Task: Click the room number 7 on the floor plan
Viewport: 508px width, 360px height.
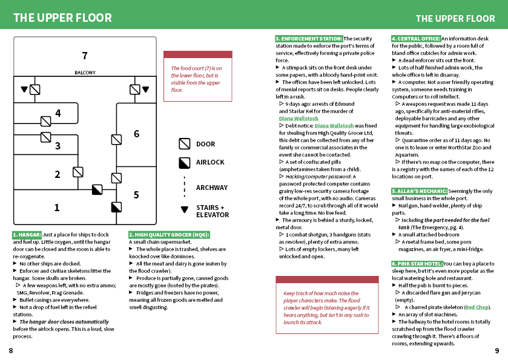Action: point(85,56)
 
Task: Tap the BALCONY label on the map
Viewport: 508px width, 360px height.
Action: point(85,73)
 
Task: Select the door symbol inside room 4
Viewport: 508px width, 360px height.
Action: point(45,122)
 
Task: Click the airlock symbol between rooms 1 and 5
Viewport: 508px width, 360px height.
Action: point(116,207)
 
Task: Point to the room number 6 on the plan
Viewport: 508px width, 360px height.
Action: point(137,134)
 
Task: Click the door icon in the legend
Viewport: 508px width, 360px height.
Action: point(185,144)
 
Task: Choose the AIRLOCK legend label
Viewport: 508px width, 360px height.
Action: point(210,162)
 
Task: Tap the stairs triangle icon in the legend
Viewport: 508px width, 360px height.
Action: point(185,209)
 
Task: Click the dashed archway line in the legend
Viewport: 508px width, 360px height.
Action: point(185,187)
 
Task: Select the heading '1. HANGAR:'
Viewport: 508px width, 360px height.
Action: point(27,235)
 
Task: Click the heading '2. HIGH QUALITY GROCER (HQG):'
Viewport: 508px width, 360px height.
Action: point(169,235)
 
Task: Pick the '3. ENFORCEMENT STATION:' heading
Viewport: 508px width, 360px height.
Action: point(309,39)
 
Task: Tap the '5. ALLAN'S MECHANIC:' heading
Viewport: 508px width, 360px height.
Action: point(419,191)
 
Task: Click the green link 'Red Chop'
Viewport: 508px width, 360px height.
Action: point(477,307)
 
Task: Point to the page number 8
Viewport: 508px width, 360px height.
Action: point(11,350)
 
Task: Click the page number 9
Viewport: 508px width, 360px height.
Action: point(497,350)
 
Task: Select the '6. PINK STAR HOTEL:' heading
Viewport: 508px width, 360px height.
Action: point(417,264)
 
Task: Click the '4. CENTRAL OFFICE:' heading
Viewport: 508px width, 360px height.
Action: point(416,39)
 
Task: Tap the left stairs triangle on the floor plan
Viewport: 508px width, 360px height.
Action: point(24,89)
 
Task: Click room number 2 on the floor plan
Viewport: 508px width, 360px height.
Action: point(58,174)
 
